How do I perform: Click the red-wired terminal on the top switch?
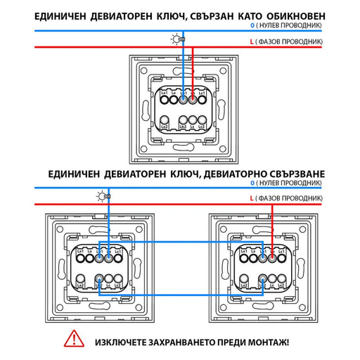(x=193, y=101)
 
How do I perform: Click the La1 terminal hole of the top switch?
(x=162, y=101)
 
